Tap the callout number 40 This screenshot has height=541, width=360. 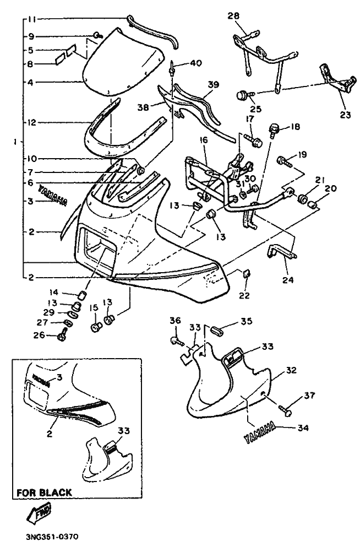(196, 63)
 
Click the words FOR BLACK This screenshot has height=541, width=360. (43, 493)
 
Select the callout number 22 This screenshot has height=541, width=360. (244, 296)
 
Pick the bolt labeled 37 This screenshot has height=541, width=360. (286, 410)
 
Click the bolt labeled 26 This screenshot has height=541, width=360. (62, 334)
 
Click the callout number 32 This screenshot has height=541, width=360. (291, 370)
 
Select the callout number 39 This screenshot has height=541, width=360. (214, 84)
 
